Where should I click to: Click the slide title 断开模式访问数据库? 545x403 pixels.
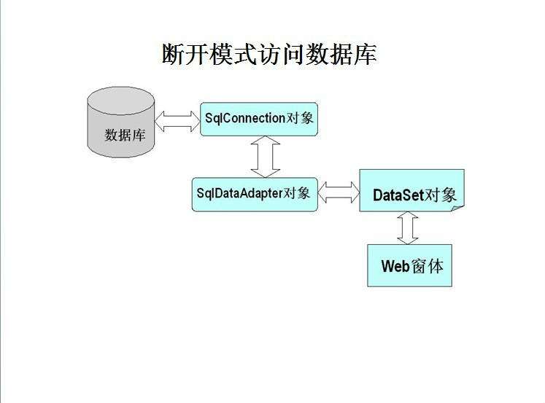point(269,54)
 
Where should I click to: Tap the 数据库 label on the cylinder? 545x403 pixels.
point(125,135)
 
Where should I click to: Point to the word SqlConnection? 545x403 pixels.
point(244,118)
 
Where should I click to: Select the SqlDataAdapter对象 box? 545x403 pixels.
point(255,194)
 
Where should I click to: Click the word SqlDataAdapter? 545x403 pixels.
point(239,193)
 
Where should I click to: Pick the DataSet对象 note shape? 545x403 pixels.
point(411,191)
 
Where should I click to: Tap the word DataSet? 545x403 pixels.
point(398,195)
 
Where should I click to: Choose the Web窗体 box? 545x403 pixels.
point(409,265)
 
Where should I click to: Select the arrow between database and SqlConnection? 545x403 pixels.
point(177,121)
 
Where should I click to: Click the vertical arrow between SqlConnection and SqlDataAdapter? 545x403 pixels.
point(265,157)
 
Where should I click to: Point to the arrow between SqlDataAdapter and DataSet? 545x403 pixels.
point(339,192)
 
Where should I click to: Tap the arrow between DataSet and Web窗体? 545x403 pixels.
point(408,228)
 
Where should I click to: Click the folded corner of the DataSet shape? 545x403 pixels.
point(457,208)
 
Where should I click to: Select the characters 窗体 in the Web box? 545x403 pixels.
point(428,265)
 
